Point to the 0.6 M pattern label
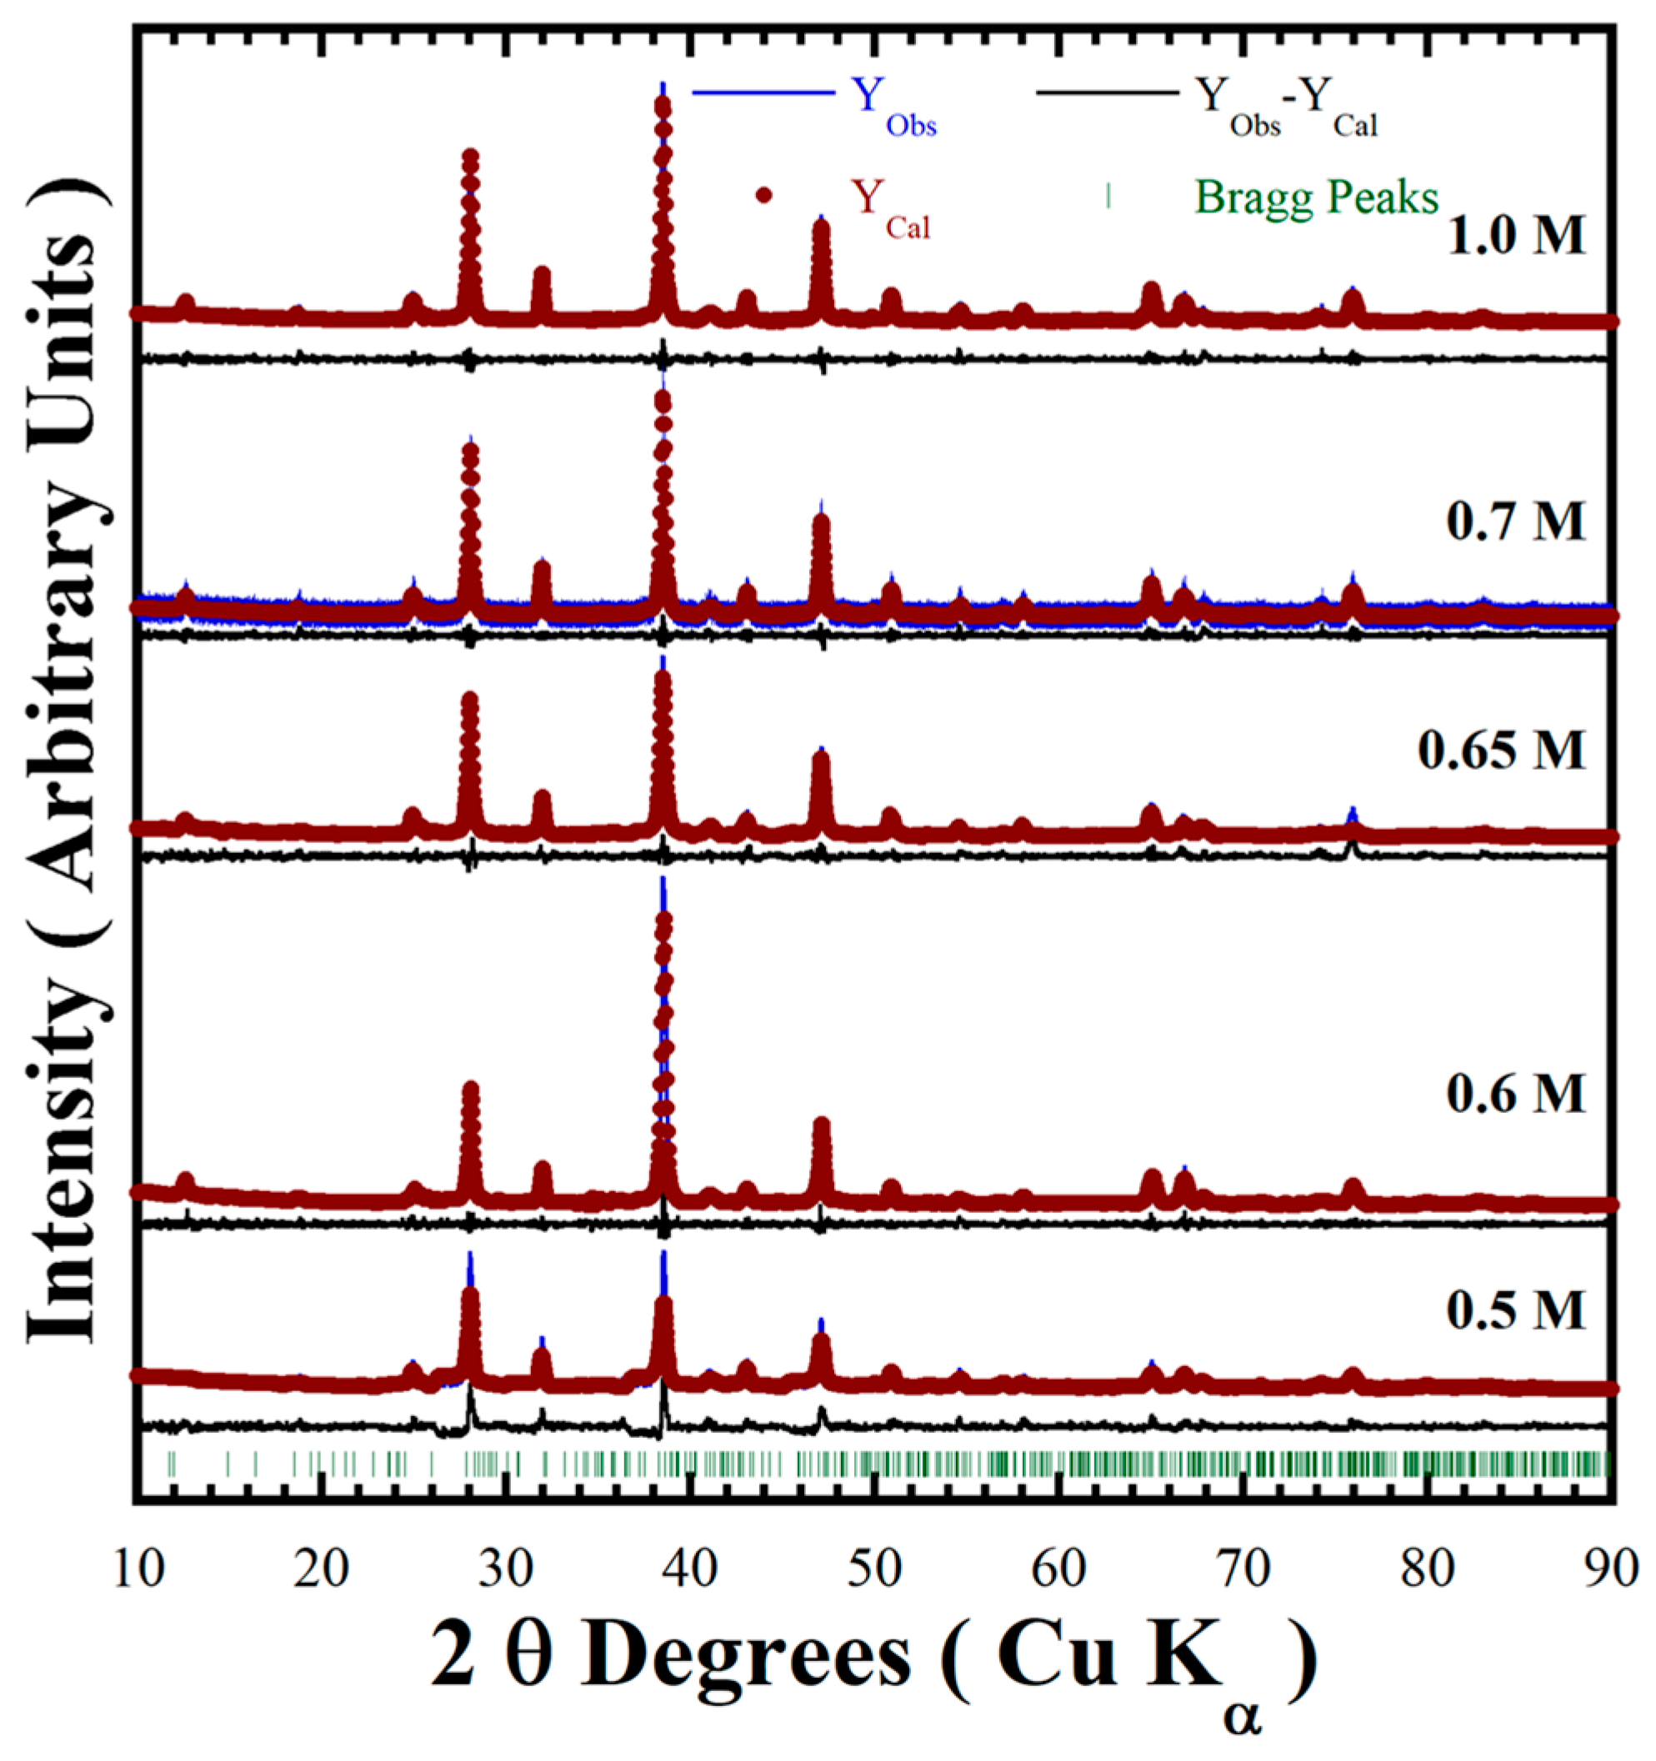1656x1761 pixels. pos(1516,1095)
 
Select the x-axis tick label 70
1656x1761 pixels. pos(1244,1569)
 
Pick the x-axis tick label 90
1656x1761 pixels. pos(1613,1569)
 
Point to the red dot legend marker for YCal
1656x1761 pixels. pos(763,196)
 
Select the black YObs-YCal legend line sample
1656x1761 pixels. pos(1107,93)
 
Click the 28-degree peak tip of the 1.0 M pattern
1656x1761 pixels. pos(471,157)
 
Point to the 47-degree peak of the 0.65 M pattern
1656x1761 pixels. pos(822,756)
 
